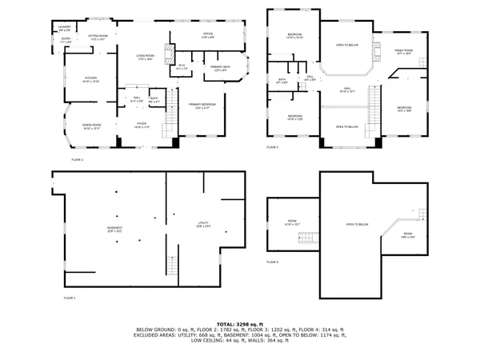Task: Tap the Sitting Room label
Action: pos(98,37)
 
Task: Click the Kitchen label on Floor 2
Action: pos(91,79)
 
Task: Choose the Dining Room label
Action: pos(91,126)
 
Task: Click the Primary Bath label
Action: pos(220,69)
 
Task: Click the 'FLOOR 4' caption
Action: pos(273,262)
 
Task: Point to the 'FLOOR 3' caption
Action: pos(273,148)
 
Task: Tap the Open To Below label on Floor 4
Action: pos(356,225)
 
